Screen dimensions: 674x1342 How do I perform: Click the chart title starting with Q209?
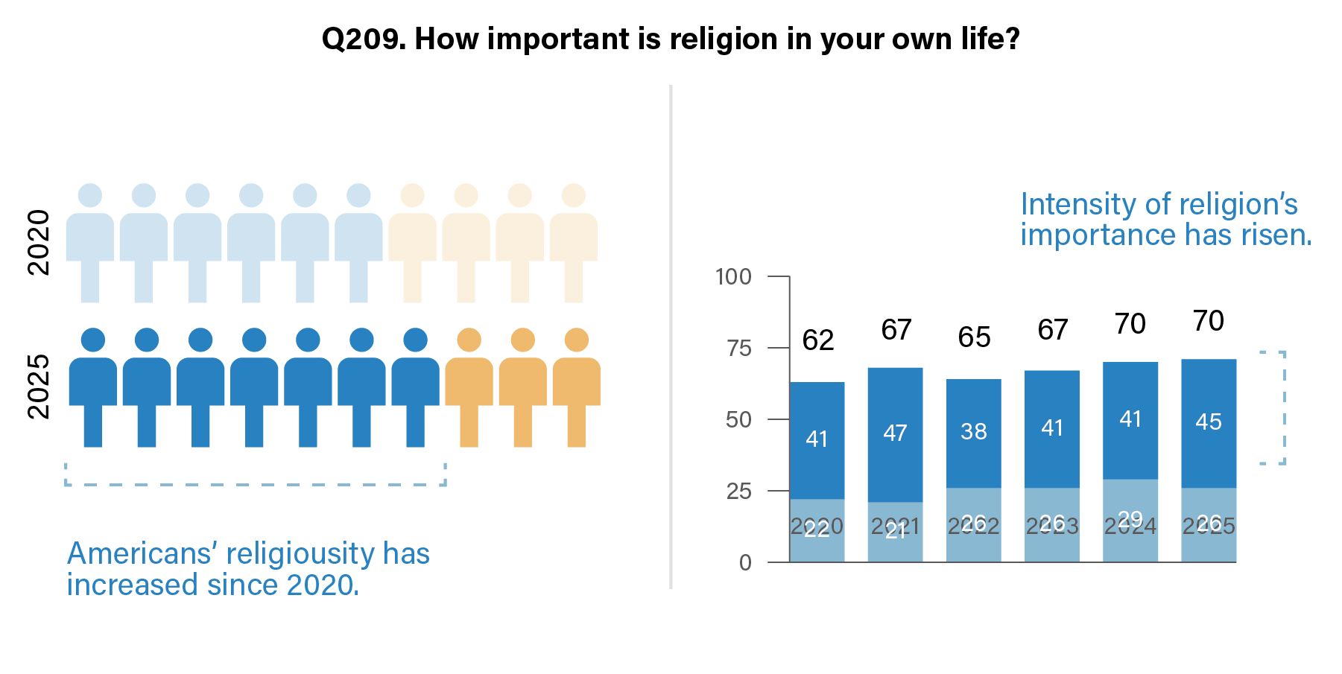(x=670, y=39)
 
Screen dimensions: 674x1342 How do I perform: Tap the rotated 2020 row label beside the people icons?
(x=38, y=243)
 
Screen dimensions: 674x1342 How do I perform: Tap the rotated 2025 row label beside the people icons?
(x=38, y=387)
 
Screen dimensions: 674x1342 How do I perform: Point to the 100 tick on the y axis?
(x=733, y=277)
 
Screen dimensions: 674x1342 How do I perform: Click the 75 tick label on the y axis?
(x=738, y=349)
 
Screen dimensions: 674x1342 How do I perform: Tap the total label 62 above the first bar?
(x=817, y=340)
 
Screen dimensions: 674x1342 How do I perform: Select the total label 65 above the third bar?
(x=974, y=337)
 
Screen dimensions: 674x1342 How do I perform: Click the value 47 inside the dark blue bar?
(x=895, y=433)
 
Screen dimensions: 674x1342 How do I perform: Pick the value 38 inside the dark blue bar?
(x=974, y=431)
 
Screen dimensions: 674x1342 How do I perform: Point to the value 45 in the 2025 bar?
(x=1208, y=422)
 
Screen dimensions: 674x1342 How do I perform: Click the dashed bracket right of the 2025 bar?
(x=1283, y=407)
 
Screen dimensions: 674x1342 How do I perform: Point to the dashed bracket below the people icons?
(x=256, y=483)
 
